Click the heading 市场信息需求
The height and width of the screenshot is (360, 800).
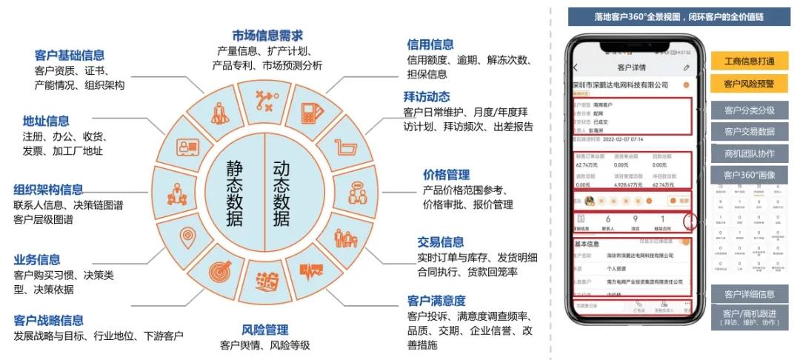coord(267,36)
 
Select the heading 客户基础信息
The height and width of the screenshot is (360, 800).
coord(70,55)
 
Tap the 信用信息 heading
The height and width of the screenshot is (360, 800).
coord(430,44)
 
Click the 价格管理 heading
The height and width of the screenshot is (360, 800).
coord(447,175)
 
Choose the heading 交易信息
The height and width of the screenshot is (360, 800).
coord(441,242)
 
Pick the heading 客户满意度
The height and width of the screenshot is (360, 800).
coord(436,301)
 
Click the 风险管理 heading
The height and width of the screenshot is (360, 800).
coord(265,330)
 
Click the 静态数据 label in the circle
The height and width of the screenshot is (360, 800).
coord(235,194)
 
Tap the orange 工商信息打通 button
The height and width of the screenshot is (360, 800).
coord(749,61)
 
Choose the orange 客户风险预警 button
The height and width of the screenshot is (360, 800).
coord(749,84)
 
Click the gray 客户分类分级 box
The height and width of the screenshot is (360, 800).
coord(749,110)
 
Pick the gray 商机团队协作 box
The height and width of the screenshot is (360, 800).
coord(749,153)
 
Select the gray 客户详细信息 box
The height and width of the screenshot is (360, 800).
coord(749,294)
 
